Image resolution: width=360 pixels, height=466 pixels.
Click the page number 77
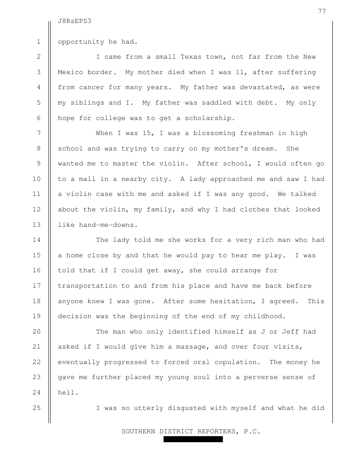click(x=322, y=11)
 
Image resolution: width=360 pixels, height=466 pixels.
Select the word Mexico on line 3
click(x=70, y=72)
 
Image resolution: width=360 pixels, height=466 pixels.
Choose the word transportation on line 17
click(x=87, y=286)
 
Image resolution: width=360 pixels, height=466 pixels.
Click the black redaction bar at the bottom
click(x=193, y=440)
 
